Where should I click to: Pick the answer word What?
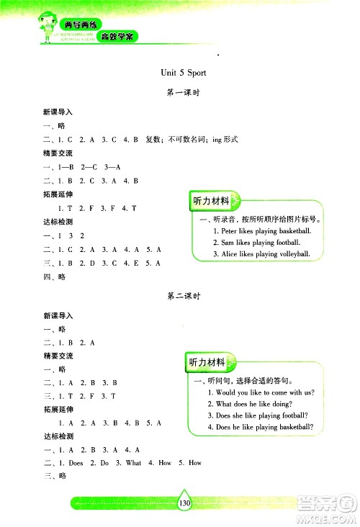coord(133,463)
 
